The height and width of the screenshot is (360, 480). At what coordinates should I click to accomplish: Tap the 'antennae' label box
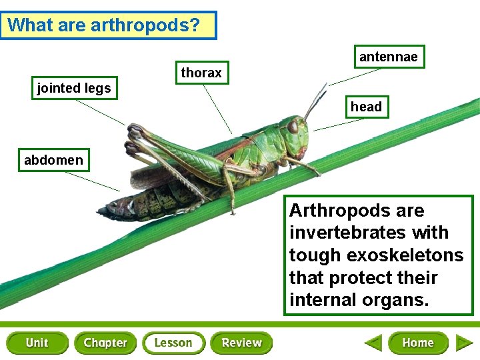388,57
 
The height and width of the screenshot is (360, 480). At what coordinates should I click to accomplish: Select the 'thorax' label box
201,73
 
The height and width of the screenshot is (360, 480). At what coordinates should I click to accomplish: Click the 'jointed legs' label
74,88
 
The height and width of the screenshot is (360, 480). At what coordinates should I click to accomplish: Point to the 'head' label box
366,107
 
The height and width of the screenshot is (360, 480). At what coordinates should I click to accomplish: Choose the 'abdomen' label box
53,160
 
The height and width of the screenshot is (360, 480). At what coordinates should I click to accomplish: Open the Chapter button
105,343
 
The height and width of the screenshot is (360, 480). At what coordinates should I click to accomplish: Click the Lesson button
173,343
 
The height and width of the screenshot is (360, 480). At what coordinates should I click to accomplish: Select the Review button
241,343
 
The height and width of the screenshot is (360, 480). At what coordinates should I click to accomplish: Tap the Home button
418,343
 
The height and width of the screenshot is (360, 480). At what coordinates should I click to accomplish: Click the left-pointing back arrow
373,343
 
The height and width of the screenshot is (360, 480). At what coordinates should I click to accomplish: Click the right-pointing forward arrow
464,343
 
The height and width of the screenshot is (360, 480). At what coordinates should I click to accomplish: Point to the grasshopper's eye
293,126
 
